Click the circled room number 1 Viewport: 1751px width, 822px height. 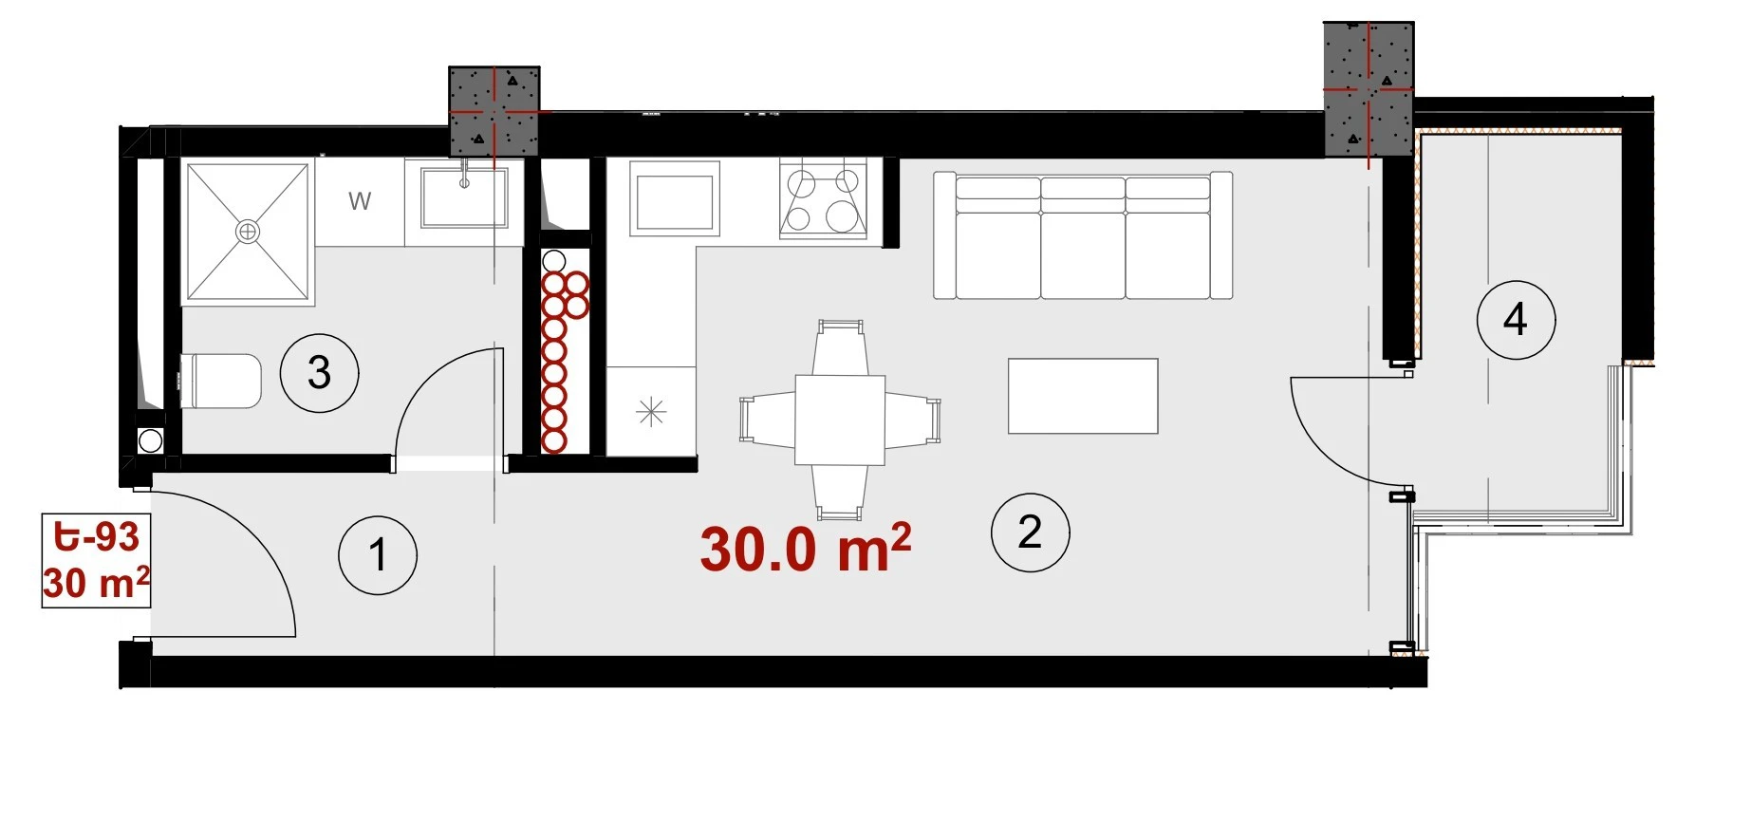[x=378, y=555]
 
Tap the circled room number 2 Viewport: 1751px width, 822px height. [x=1030, y=532]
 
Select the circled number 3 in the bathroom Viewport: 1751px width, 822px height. [x=319, y=373]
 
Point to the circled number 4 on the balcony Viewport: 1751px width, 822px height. [x=1516, y=320]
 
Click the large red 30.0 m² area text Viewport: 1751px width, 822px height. [x=806, y=548]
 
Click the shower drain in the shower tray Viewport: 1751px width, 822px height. [x=248, y=231]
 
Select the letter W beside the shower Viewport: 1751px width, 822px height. [x=360, y=201]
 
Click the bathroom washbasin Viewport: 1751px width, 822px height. [x=464, y=196]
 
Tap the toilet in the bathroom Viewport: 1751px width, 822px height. [x=220, y=382]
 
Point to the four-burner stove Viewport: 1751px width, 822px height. [x=823, y=198]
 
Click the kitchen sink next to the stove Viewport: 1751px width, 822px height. [x=674, y=197]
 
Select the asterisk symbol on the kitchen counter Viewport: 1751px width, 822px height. [x=651, y=412]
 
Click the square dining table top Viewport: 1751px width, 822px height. [x=840, y=420]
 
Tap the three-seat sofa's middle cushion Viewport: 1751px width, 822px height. [x=1083, y=237]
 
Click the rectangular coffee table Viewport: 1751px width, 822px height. [x=1083, y=396]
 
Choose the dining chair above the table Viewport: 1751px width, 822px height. [x=841, y=347]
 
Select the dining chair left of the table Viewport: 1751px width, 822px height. [x=768, y=420]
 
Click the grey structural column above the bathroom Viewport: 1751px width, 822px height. [x=494, y=111]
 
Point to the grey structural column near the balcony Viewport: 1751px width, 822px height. [x=1369, y=89]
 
